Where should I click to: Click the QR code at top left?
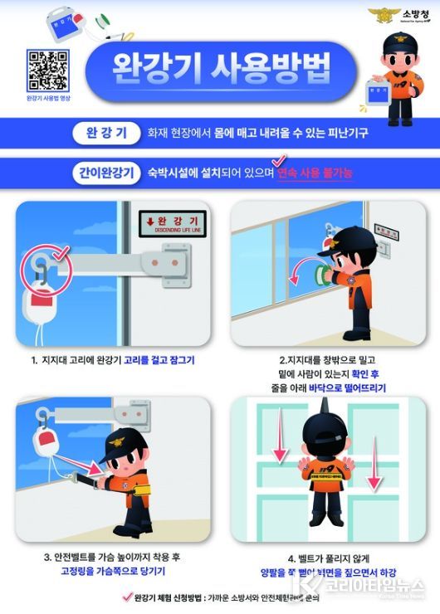click(x=48, y=70)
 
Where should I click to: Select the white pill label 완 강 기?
click(x=106, y=131)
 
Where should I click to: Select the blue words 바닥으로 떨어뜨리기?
click(x=344, y=387)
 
